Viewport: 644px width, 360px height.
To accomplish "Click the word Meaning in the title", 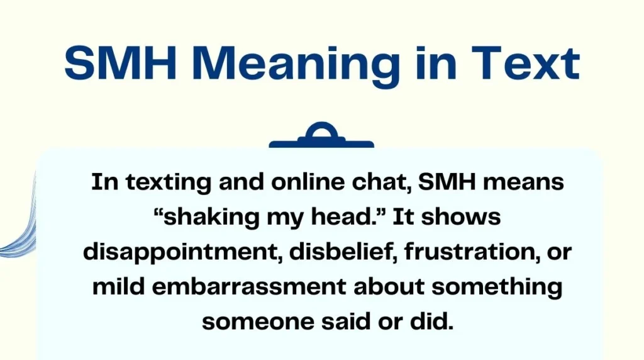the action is tap(296, 65).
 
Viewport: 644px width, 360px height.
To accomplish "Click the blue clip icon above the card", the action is tap(321, 135).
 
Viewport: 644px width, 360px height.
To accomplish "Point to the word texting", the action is tap(168, 182).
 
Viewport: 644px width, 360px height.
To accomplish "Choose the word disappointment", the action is tap(180, 252).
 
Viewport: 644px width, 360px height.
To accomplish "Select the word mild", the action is tap(118, 286).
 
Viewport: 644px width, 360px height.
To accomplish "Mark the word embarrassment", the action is tap(249, 286).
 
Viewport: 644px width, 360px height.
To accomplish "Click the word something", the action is tap(497, 287).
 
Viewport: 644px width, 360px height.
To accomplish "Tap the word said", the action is tap(346, 321).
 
